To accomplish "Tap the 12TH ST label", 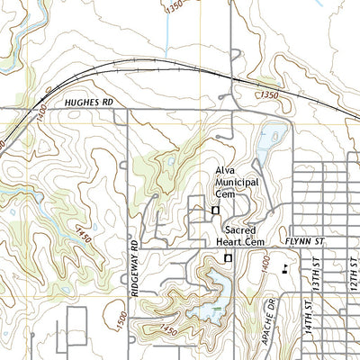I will point(353,270).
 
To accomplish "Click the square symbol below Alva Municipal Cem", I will point(214,211).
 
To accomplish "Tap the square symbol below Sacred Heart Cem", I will point(227,258).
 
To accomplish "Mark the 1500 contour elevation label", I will point(123,319).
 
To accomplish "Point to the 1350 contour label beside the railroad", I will point(267,94).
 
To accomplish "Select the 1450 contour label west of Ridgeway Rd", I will point(85,237).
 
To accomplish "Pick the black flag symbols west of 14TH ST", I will point(284,267).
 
